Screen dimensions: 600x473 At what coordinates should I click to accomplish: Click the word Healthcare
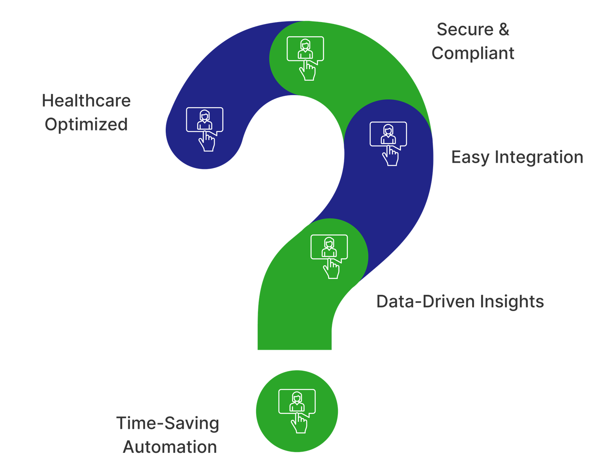[86, 100]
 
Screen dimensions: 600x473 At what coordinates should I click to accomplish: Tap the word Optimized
[86, 124]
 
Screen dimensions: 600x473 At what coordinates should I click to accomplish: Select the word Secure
[465, 29]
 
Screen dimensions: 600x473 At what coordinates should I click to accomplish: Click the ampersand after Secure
[504, 29]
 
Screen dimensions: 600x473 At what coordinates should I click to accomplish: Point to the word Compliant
[473, 54]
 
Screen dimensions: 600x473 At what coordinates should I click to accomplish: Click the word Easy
[470, 157]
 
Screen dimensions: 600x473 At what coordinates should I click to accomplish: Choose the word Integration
[539, 157]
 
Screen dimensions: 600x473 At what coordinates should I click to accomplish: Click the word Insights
[512, 302]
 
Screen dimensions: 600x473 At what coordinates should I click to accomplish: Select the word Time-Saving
[168, 424]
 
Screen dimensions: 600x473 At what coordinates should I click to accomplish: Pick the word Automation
[170, 447]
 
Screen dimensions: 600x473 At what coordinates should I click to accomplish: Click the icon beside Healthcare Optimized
[205, 129]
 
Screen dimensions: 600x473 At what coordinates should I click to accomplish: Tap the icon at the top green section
[305, 58]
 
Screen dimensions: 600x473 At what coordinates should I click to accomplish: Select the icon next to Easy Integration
[388, 144]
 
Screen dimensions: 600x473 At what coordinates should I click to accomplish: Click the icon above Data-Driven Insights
[329, 256]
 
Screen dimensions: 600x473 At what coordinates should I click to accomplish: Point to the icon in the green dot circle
[297, 411]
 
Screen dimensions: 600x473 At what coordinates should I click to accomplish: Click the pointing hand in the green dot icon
[299, 423]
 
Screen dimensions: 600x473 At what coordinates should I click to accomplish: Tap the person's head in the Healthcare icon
[205, 115]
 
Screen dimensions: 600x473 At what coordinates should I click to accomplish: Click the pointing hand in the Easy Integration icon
[390, 156]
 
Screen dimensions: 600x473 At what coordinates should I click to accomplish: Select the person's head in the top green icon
[305, 44]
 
